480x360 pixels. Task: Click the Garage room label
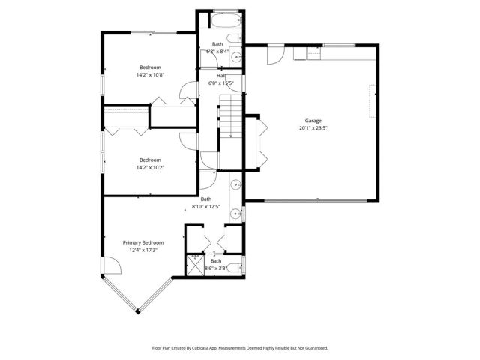pyautogui.click(x=313, y=120)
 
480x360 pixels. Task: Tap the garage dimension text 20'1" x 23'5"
pyautogui.click(x=313, y=127)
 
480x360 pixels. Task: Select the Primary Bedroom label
pyautogui.click(x=143, y=242)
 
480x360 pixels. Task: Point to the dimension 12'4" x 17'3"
pyautogui.click(x=143, y=250)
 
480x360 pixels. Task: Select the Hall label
pyautogui.click(x=220, y=76)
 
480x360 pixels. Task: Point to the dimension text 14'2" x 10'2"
pyautogui.click(x=150, y=166)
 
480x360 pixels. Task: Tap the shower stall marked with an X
pyautogui.click(x=196, y=263)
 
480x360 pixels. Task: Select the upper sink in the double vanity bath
pyautogui.click(x=235, y=184)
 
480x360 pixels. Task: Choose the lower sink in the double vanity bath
pyautogui.click(x=235, y=211)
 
